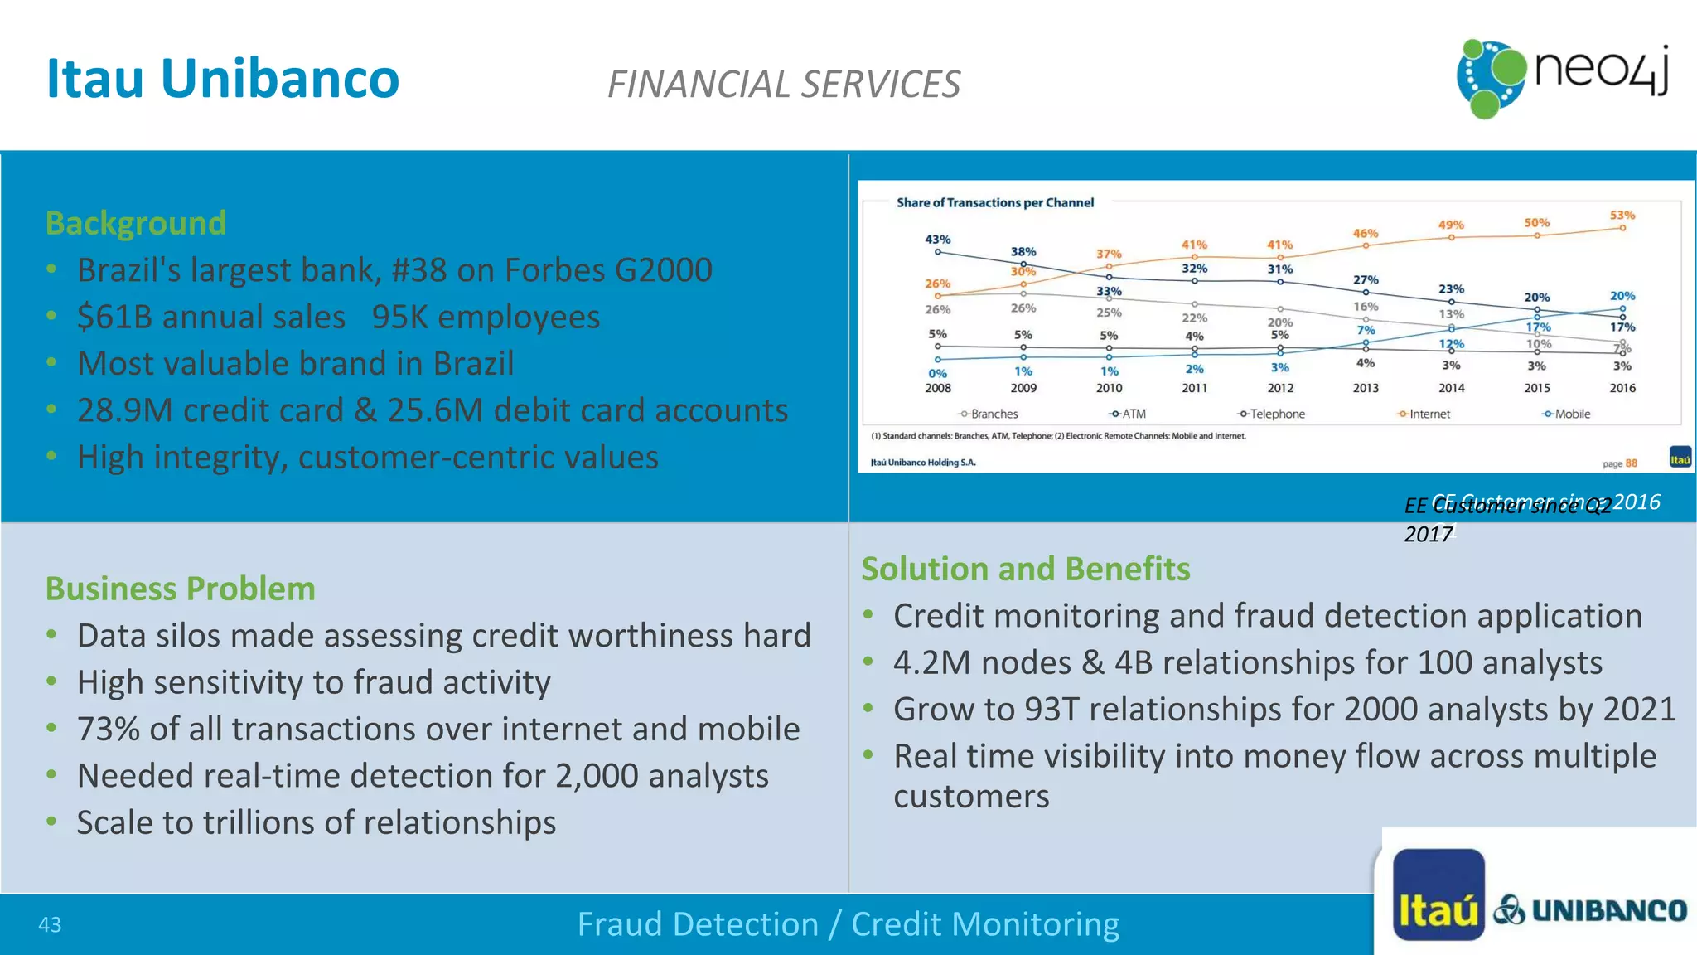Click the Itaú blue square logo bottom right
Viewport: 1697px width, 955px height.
pos(1438,894)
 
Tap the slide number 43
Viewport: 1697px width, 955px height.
pos(50,925)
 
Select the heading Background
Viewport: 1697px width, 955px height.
pos(136,224)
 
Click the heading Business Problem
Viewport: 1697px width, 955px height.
pos(181,589)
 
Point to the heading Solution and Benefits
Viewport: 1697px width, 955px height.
pos(1026,570)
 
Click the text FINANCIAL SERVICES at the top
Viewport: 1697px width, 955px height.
pos(784,85)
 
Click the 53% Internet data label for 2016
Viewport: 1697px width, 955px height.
pos(1622,216)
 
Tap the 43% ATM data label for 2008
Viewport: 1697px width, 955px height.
pos(937,240)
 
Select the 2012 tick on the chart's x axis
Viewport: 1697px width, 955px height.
pos(1280,388)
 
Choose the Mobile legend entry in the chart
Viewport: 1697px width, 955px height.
pos(1566,414)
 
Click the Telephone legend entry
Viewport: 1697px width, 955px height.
pos(1272,414)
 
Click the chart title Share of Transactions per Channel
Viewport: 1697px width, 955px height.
pos(994,203)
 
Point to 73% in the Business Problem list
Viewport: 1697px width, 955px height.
pos(109,730)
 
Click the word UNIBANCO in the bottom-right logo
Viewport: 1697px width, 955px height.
pos(1608,911)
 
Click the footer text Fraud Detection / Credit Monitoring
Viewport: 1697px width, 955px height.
pos(848,924)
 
